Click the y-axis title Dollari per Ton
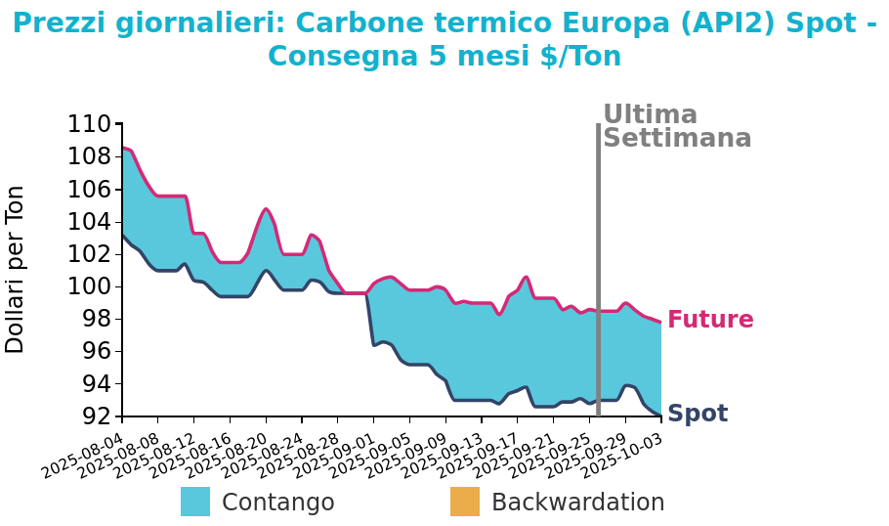click(x=16, y=269)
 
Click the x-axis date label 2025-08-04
click(x=84, y=456)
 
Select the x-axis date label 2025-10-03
click(x=623, y=456)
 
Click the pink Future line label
click(x=710, y=320)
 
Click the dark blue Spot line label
click(x=698, y=414)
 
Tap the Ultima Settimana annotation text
click(x=676, y=127)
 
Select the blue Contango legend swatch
click(x=195, y=502)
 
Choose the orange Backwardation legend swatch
click(x=465, y=502)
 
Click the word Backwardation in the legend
click(x=577, y=503)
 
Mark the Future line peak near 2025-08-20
click(x=266, y=208)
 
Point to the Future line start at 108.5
click(x=123, y=148)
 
